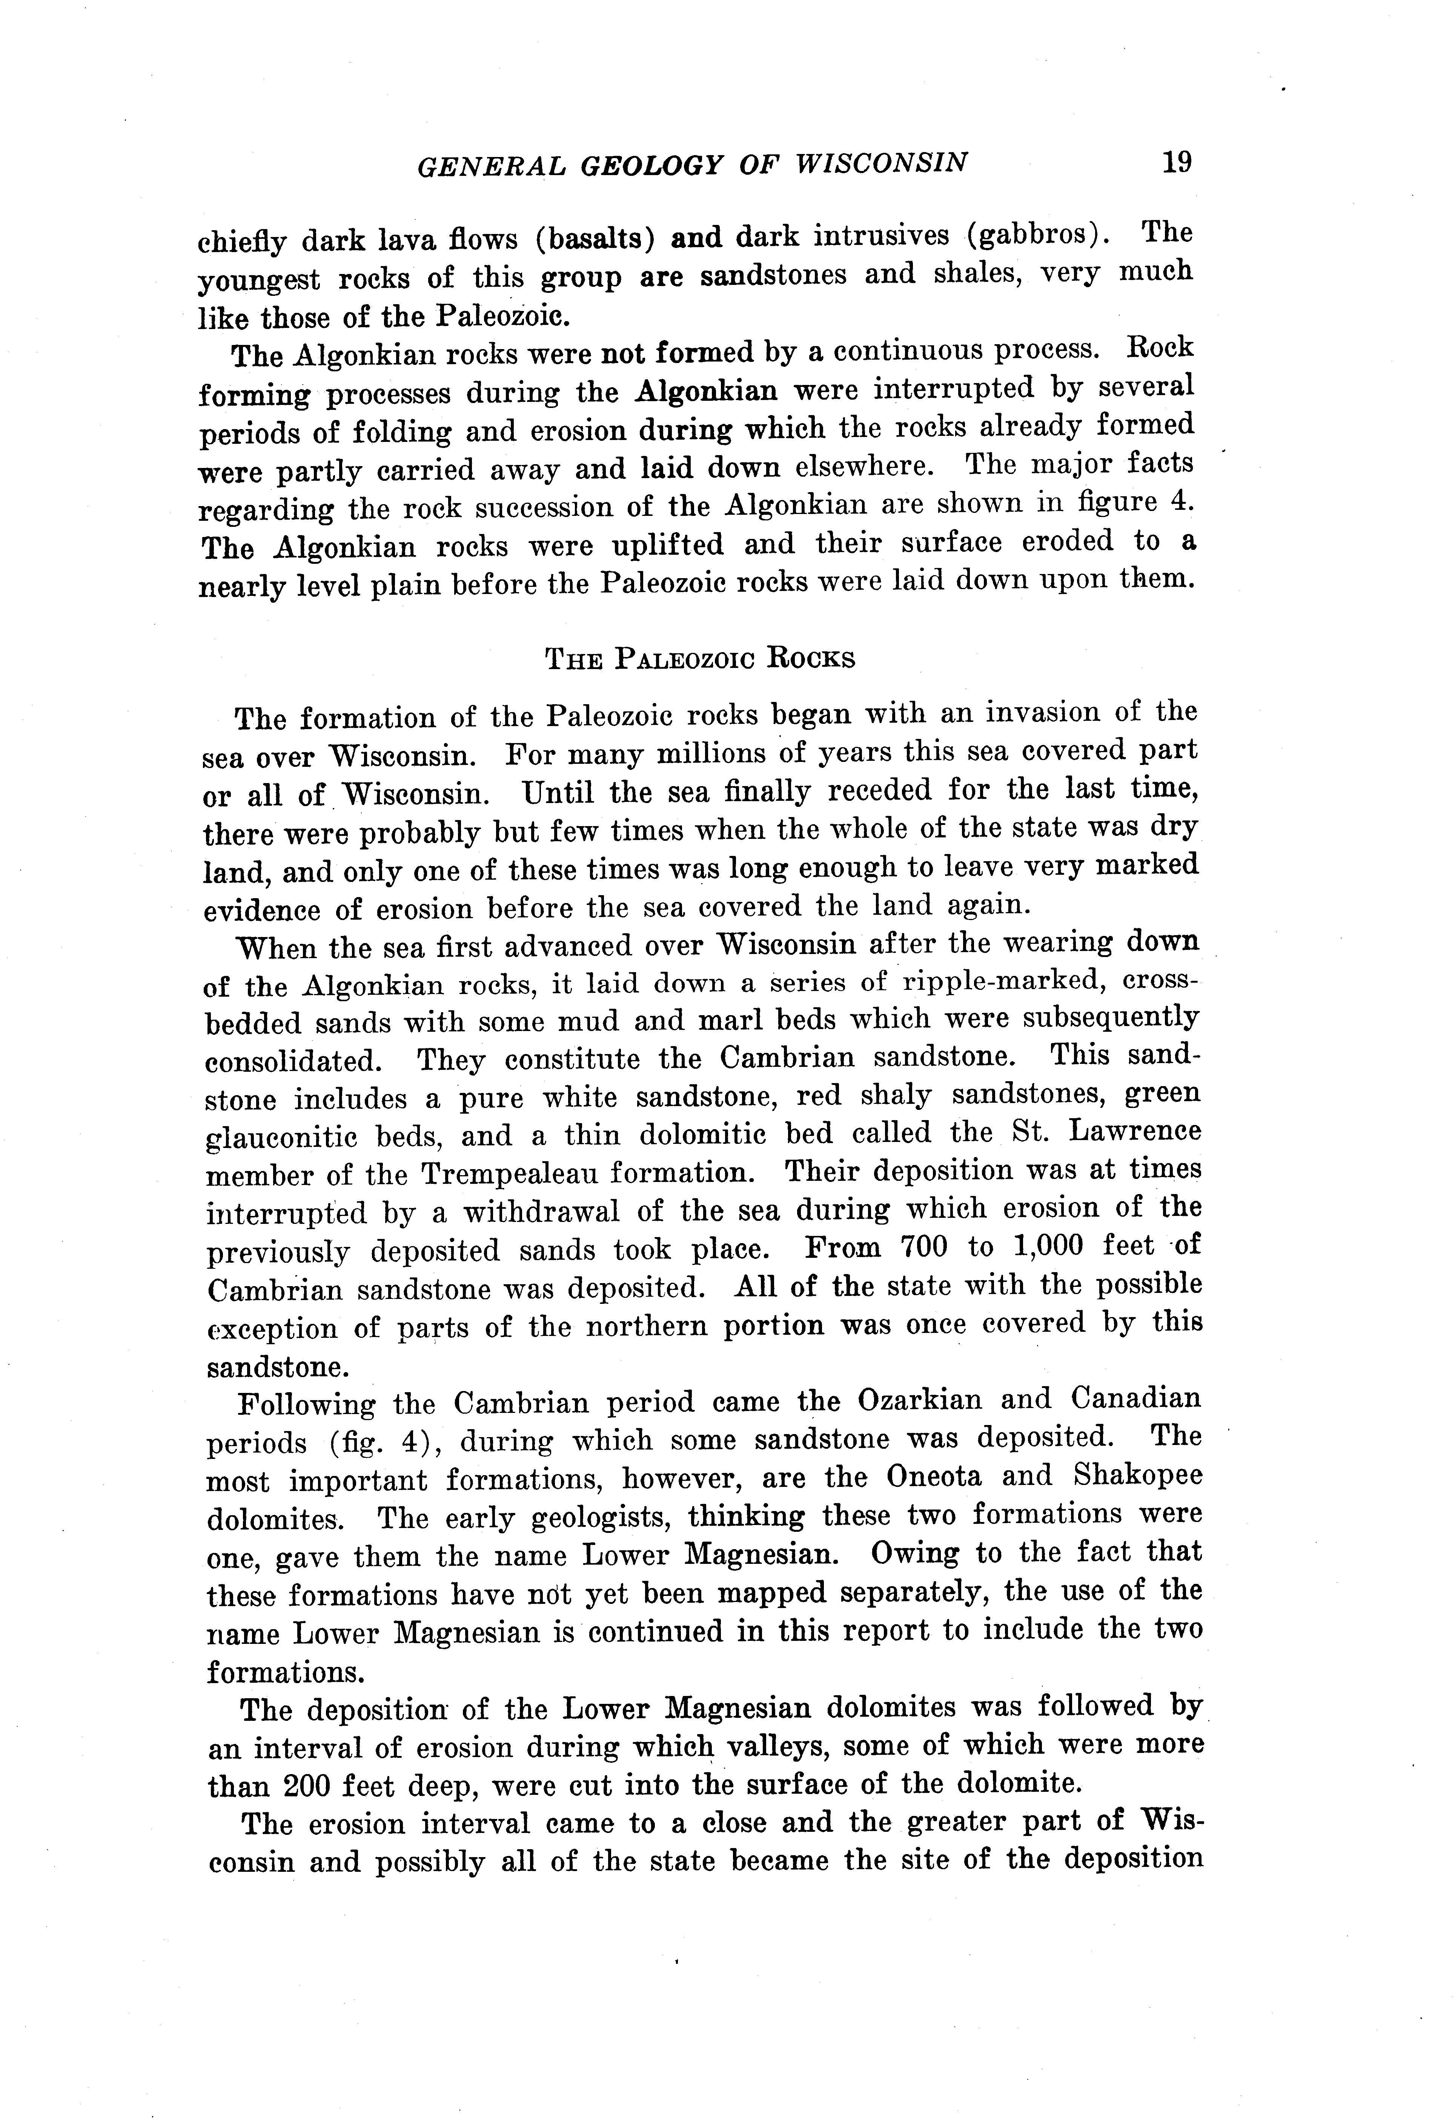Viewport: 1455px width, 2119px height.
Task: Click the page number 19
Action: pyautogui.click(x=1176, y=162)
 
